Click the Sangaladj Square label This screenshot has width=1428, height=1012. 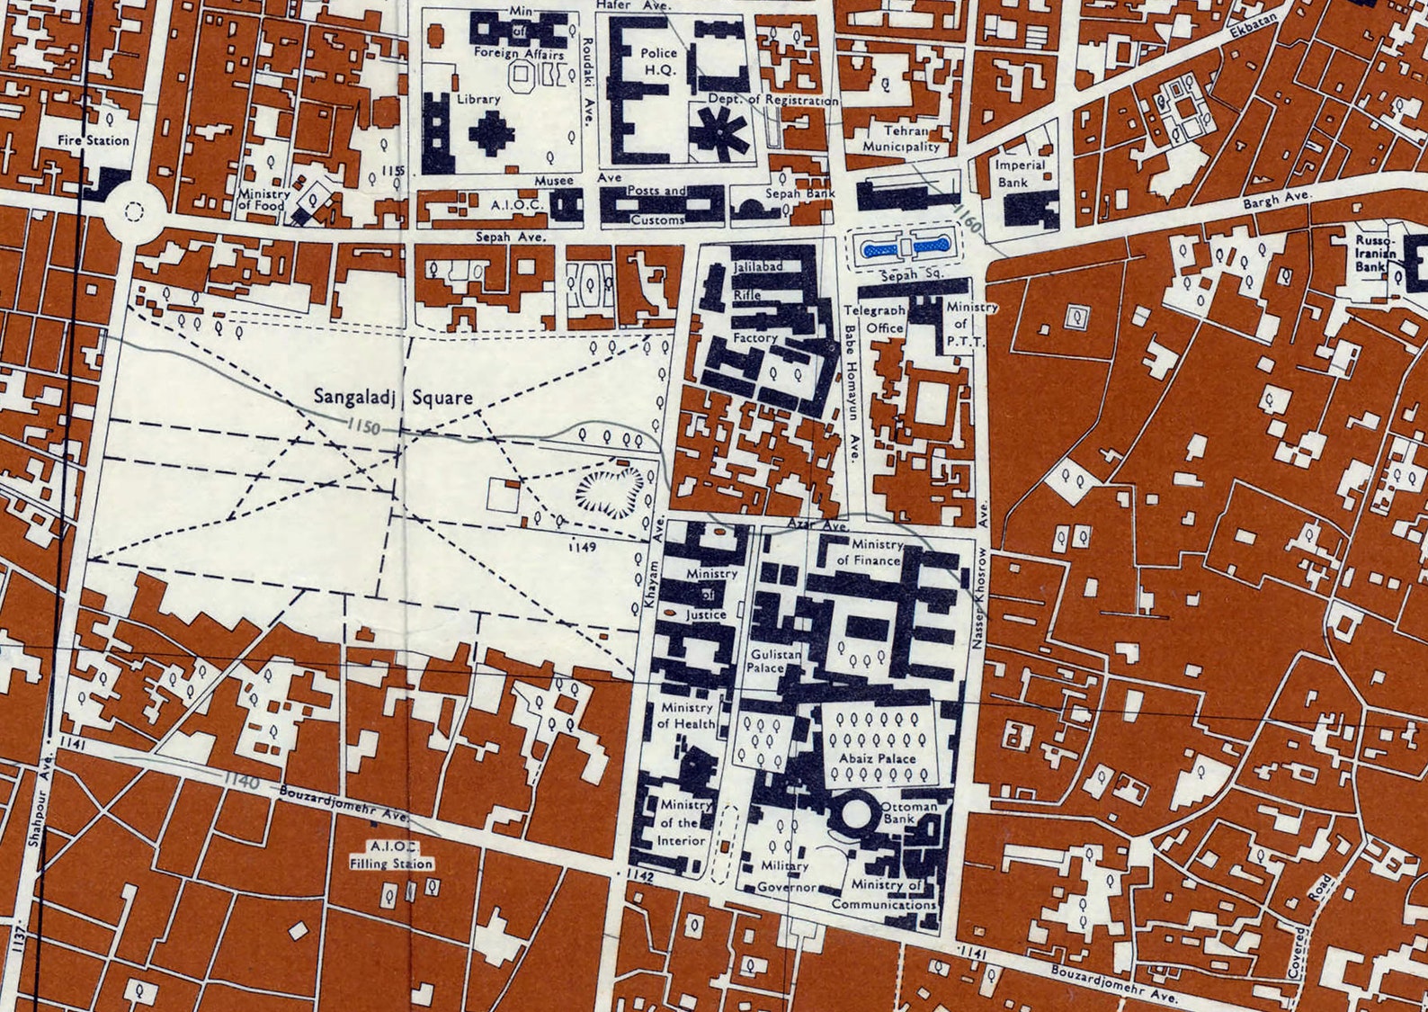click(393, 397)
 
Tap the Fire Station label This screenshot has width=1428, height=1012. click(94, 140)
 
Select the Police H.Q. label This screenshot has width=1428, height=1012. click(659, 60)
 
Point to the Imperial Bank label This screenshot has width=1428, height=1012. click(1020, 174)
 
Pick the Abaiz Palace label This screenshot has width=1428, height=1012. click(877, 758)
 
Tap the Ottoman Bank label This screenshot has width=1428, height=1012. click(909, 812)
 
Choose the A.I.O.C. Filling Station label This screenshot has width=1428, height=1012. click(392, 855)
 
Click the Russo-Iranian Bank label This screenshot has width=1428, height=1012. click(1376, 254)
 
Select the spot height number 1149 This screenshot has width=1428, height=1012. click(585, 545)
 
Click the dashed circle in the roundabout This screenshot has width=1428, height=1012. click(134, 212)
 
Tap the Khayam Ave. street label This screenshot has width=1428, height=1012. click(655, 587)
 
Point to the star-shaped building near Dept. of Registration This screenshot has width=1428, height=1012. click(720, 134)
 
